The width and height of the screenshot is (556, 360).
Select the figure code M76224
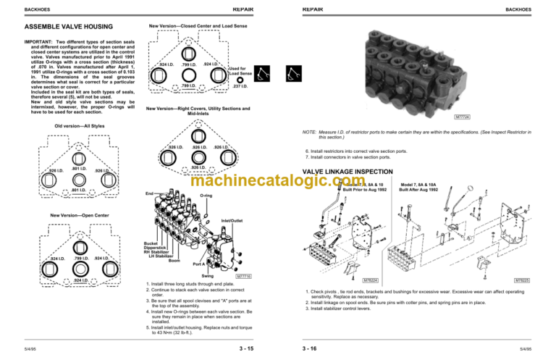pyautogui.click(x=371, y=279)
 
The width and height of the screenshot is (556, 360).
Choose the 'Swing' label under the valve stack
pyautogui.click(x=207, y=276)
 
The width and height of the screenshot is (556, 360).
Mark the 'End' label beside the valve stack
pyautogui.click(x=149, y=193)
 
